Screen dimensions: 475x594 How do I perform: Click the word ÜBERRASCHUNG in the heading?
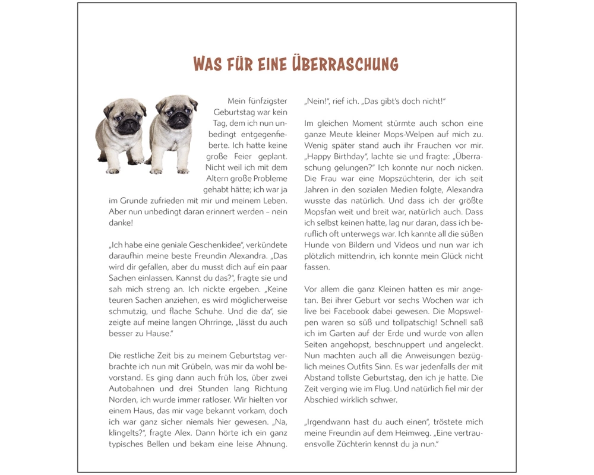coord(345,64)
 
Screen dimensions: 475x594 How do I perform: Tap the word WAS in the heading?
coord(210,64)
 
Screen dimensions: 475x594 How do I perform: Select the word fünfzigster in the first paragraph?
coord(267,101)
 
